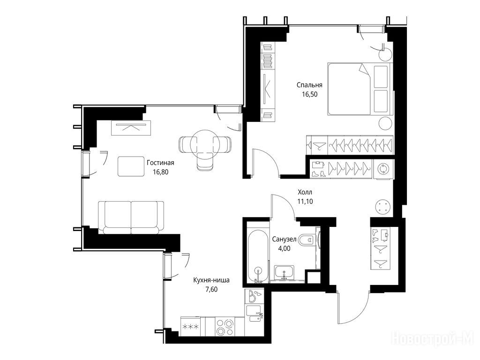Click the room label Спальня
point(309,85)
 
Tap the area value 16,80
point(160,172)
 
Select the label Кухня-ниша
point(211,280)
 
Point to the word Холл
point(305,192)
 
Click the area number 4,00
point(284,248)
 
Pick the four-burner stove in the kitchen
point(225,327)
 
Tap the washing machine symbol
point(383,169)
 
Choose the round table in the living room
point(202,142)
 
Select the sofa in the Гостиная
point(131,217)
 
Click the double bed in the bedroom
point(360,89)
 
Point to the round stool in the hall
point(383,207)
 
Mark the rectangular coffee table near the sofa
point(131,166)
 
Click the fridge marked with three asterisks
point(190,327)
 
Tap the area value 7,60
point(211,289)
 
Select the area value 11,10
point(305,202)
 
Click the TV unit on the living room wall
point(131,127)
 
